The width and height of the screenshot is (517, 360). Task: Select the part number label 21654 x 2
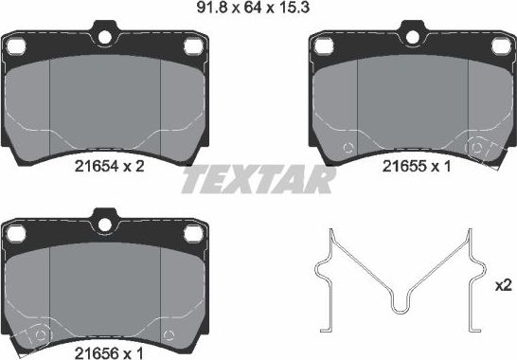click(109, 165)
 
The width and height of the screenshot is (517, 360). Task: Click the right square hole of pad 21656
click(193, 232)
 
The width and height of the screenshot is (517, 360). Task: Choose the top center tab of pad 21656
click(105, 222)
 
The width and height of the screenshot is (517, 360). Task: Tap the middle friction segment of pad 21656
click(105, 284)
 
